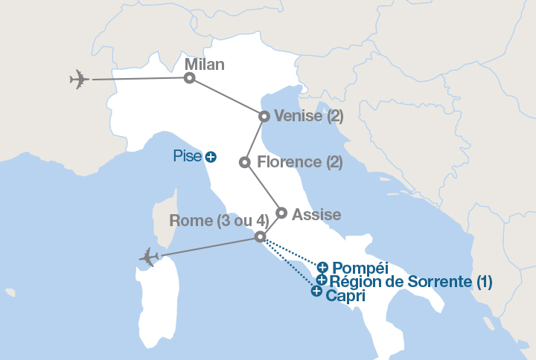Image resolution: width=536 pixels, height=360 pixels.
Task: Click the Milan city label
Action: click(204, 65)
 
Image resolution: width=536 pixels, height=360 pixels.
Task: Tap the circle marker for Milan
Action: click(190, 77)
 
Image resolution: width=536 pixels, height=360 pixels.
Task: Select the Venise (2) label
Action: click(309, 116)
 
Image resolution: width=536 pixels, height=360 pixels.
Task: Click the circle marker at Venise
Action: click(264, 116)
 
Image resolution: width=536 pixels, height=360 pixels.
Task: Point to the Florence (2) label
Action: click(299, 161)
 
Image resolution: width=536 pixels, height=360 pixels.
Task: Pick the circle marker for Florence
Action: click(244, 162)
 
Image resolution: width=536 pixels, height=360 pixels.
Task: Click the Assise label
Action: click(316, 215)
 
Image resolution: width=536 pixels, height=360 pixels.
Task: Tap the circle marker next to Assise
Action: click(281, 213)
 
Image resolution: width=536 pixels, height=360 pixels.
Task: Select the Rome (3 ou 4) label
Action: click(218, 220)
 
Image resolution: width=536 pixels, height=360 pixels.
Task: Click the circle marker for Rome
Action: click(260, 237)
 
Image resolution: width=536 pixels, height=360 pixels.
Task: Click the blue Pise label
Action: click(187, 156)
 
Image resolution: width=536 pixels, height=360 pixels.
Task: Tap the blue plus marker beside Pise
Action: click(211, 157)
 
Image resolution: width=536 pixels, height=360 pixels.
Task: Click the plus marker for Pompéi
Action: click(322, 267)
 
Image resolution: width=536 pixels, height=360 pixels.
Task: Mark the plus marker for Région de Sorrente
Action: click(321, 280)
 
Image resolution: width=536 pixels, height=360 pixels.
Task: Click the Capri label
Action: click(346, 294)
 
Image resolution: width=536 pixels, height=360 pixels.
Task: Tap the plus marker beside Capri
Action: click(316, 292)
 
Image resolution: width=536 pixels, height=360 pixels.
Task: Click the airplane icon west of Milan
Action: click(79, 78)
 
